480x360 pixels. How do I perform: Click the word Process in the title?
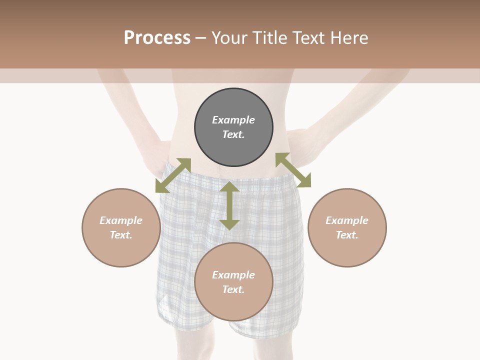click(157, 38)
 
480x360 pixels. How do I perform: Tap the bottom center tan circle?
click(233, 305)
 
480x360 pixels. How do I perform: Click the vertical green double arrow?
click(229, 206)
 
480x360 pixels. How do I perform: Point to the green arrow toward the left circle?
click(173, 175)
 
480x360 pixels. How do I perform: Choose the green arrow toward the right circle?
click(293, 170)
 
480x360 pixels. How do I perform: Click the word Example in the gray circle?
click(233, 120)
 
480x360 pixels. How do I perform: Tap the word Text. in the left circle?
click(121, 235)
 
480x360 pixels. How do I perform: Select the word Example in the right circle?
click(347, 220)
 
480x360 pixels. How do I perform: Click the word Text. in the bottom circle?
click(233, 289)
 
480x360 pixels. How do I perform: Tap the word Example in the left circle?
click(121, 220)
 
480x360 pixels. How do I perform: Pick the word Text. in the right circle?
click(347, 235)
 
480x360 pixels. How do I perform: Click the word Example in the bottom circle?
click(233, 275)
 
